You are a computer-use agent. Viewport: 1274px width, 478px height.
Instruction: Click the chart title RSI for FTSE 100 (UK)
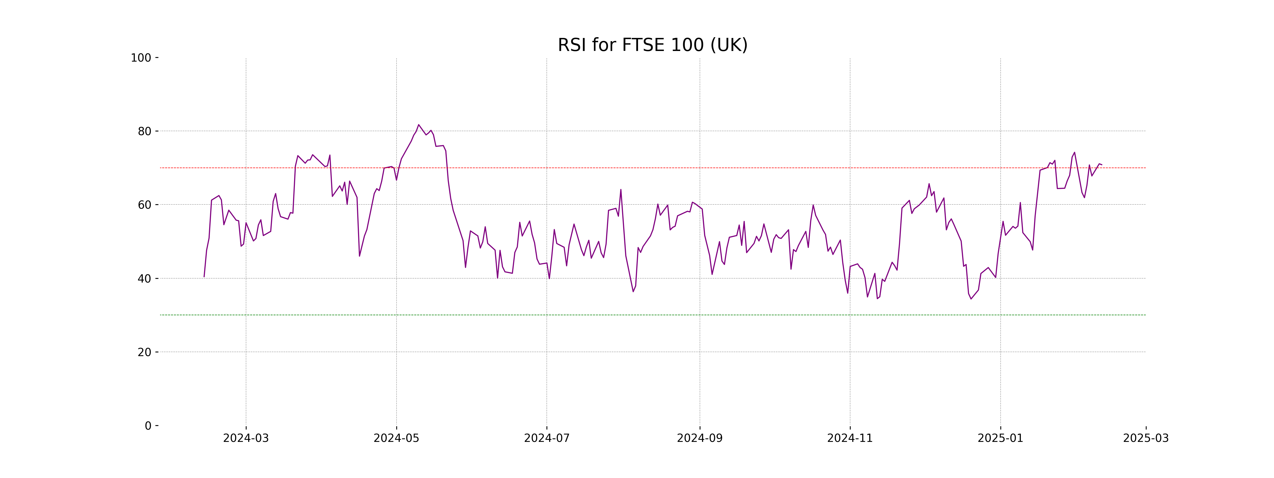(652, 45)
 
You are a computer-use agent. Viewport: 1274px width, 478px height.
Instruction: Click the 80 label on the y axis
(144, 132)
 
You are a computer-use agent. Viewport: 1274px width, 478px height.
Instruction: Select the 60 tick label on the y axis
(144, 205)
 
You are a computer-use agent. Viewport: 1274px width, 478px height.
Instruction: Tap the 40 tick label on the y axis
(144, 279)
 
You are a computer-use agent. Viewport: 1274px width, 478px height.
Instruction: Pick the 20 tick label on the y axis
(144, 352)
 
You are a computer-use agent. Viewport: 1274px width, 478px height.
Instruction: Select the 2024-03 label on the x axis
(246, 438)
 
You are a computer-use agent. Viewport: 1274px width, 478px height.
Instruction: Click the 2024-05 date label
(396, 438)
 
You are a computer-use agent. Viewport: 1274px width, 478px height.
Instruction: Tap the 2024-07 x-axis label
(546, 438)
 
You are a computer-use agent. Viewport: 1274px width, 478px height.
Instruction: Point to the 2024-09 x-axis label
(699, 438)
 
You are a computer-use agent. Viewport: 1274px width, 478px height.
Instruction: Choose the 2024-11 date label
(850, 438)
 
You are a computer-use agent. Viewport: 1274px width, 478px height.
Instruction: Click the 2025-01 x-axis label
(1000, 438)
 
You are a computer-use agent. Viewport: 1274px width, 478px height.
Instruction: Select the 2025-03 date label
(1146, 438)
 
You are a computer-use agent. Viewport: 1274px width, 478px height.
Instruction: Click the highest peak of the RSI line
(418, 125)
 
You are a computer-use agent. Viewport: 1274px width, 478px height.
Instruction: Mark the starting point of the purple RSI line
(204, 277)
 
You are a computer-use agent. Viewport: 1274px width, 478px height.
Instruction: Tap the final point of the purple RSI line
(1101, 165)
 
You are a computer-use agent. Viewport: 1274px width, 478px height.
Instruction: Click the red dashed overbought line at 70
(643, 168)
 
